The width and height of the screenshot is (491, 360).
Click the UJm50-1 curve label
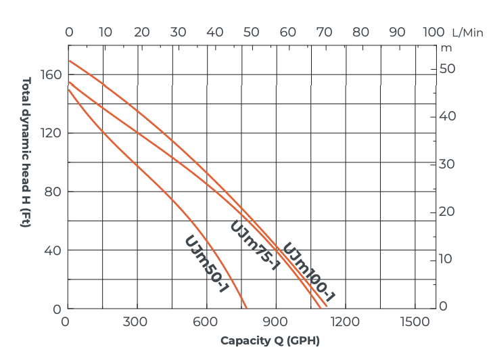click(206, 265)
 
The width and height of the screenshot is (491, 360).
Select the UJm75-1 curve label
click(255, 245)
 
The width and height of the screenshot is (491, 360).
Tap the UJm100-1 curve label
click(308, 271)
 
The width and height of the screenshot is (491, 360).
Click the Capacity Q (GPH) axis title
click(270, 340)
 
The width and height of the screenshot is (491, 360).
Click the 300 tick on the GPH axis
click(135, 322)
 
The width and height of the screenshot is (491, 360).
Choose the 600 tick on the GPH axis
click(205, 322)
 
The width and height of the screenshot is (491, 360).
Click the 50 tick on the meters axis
click(448, 68)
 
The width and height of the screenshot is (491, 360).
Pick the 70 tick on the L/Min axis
click(325, 32)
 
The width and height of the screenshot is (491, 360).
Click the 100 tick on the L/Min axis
click(434, 32)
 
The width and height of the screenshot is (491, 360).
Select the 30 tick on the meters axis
click(448, 164)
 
